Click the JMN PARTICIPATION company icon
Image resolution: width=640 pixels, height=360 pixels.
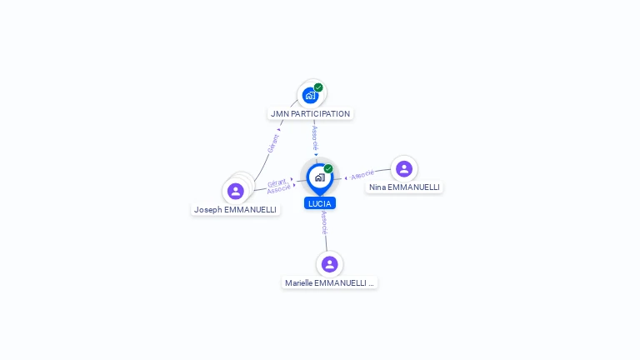pyautogui.click(x=310, y=96)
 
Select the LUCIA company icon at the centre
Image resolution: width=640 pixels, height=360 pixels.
pyautogui.click(x=319, y=177)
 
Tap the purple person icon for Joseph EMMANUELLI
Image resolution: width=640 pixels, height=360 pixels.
pyautogui.click(x=236, y=191)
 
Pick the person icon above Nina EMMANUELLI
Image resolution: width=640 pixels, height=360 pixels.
pyautogui.click(x=404, y=169)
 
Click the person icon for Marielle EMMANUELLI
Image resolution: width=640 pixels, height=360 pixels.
pyautogui.click(x=330, y=264)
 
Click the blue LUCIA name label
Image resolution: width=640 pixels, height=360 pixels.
pyautogui.click(x=320, y=203)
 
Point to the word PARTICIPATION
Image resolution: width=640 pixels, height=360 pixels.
pyautogui.click(x=324, y=114)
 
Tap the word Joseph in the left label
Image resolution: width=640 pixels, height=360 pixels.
pyautogui.click(x=208, y=210)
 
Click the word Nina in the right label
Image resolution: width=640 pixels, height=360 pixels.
pyautogui.click(x=377, y=187)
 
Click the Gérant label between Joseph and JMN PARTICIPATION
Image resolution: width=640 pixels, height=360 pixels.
pyautogui.click(x=272, y=143)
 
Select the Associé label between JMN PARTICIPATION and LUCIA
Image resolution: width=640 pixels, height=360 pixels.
pyautogui.click(x=315, y=137)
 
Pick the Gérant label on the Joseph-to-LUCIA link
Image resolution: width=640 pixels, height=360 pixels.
pyautogui.click(x=277, y=182)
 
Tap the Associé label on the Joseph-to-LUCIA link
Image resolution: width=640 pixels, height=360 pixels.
pyautogui.click(x=279, y=189)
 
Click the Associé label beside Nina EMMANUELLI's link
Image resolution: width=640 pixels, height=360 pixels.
pyautogui.click(x=362, y=175)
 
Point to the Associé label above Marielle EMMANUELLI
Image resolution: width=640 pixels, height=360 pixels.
pyautogui.click(x=324, y=222)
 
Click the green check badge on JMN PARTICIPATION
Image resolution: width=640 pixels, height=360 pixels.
pyautogui.click(x=318, y=87)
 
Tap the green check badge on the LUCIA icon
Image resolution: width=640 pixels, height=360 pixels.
pyautogui.click(x=328, y=168)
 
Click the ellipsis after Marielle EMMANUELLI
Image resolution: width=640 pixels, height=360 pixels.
pyautogui.click(x=371, y=283)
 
